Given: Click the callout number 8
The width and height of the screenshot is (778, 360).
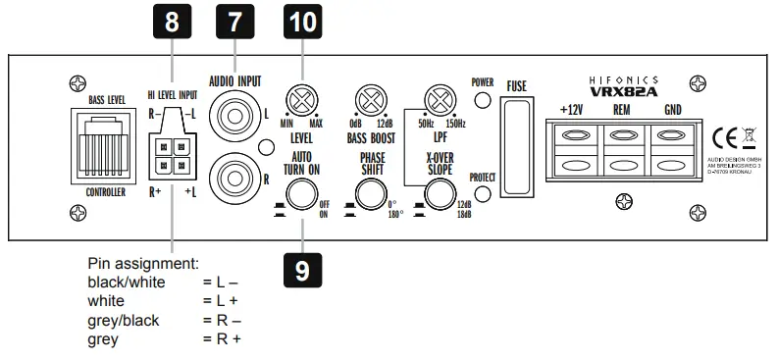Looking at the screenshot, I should tap(171, 23).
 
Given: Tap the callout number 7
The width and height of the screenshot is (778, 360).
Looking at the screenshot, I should tap(234, 23).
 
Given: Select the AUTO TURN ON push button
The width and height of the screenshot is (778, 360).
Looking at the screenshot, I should tap(299, 195).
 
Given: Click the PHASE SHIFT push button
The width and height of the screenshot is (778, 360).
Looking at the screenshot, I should tap(369, 195).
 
